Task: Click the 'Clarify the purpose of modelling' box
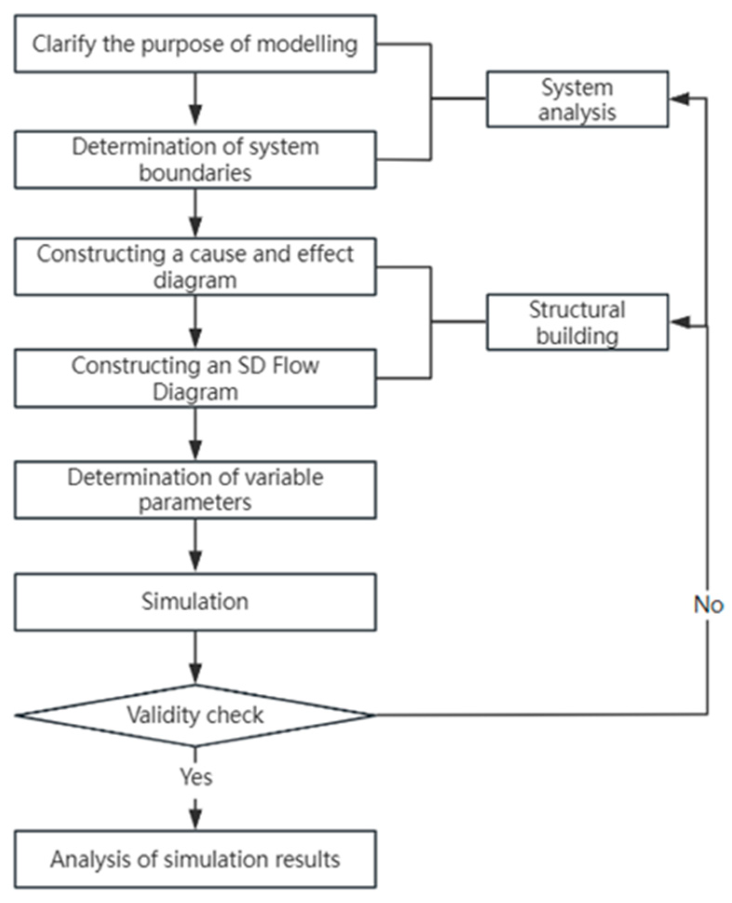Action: (195, 44)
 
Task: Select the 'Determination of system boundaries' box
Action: (195, 160)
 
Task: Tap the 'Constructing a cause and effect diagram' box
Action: (195, 267)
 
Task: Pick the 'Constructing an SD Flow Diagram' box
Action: (195, 378)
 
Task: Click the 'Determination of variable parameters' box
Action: (195, 489)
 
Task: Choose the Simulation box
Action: (195, 601)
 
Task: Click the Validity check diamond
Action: (195, 714)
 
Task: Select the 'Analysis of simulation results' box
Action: (195, 859)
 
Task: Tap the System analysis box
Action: (577, 99)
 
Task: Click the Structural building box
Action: (577, 322)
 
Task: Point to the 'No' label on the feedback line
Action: (708, 604)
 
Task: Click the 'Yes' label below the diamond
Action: (196, 776)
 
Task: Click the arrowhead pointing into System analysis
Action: (679, 99)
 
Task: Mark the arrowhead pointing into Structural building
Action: (679, 322)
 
